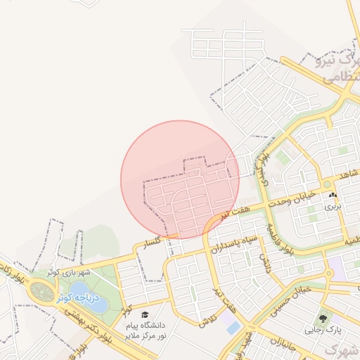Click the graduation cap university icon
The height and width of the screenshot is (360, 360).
(145, 314)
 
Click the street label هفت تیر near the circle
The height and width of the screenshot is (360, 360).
(233, 211)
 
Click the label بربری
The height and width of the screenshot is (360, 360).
(332, 207)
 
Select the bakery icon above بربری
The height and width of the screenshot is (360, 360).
(332, 195)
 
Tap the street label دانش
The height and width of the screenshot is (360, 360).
(264, 262)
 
